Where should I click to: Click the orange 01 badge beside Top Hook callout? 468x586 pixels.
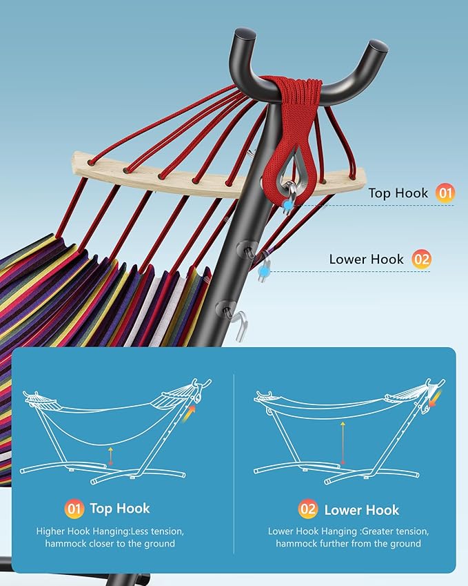445,193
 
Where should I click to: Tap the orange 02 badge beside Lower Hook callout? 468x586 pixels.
421,260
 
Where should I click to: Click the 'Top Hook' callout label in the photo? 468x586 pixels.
398,193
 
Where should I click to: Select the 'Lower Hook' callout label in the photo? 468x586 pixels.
366,260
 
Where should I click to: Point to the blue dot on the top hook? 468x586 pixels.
287,205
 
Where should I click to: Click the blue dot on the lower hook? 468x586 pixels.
264,272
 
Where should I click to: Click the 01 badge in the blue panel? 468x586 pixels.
74,509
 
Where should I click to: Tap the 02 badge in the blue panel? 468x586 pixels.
308,509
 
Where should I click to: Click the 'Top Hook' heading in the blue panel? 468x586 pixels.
120,508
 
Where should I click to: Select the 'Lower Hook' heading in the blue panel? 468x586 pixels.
362,510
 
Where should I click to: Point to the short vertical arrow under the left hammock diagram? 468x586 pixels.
110,456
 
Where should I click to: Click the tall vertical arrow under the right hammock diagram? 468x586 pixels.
343,442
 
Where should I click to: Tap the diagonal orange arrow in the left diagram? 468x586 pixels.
189,414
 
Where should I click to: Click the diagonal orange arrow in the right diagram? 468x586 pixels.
435,399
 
